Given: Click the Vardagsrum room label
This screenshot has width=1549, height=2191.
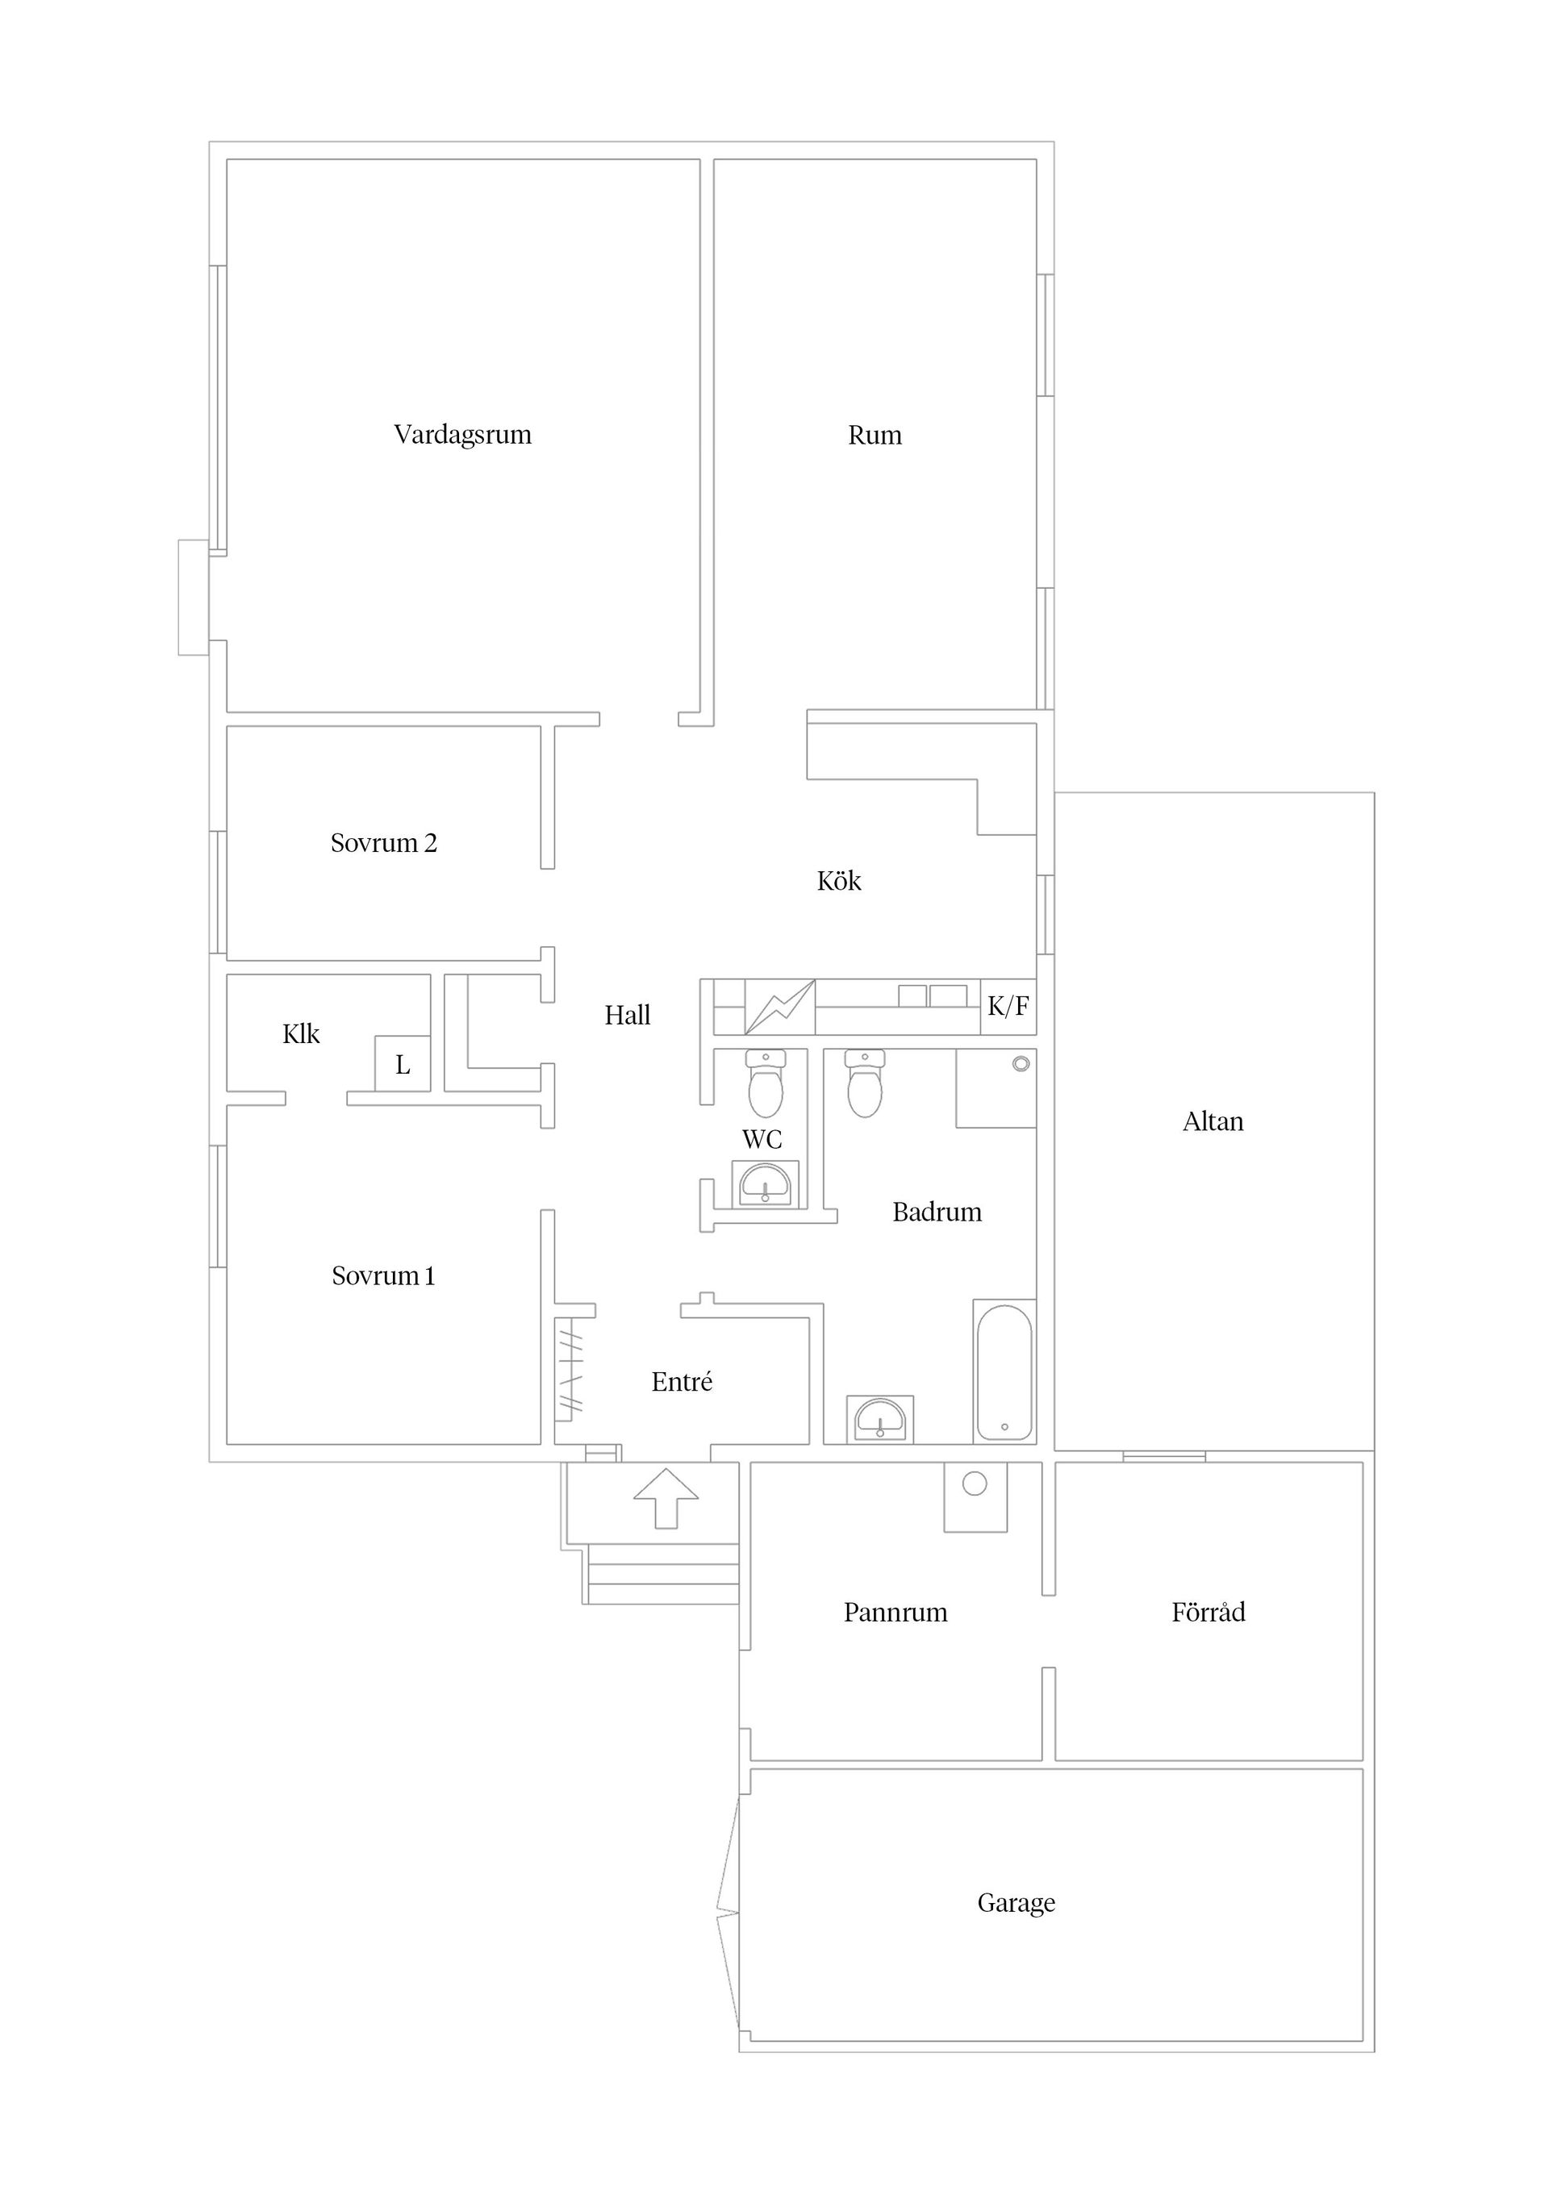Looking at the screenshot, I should [x=463, y=435].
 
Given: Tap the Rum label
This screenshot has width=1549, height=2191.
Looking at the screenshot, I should [x=875, y=436].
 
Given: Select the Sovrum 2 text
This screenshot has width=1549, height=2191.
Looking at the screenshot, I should [x=384, y=844].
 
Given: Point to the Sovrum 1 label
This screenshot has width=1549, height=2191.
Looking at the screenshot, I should [x=384, y=1276].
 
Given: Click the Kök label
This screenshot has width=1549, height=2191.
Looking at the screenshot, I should [x=839, y=881].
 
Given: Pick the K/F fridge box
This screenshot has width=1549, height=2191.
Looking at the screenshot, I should [x=1008, y=1006].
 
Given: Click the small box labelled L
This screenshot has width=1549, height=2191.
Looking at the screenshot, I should [x=403, y=1064].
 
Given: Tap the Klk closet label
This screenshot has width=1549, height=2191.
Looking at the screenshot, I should [x=301, y=1034].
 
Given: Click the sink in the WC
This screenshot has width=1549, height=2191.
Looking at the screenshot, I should [x=765, y=1184].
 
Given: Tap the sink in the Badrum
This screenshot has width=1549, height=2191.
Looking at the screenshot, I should [x=880, y=1419].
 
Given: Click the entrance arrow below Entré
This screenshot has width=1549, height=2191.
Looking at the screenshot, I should [x=666, y=1497].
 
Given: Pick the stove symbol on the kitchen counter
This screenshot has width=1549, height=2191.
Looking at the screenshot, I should [x=780, y=1007].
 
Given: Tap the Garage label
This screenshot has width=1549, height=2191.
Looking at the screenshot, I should [x=1017, y=1903].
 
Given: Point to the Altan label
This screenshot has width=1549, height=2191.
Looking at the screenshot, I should [x=1213, y=1122].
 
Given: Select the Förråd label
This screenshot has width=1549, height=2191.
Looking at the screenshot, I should [x=1209, y=1613].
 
